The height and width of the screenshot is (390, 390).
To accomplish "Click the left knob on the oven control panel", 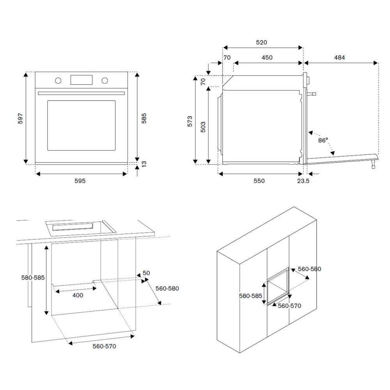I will coord(58,80).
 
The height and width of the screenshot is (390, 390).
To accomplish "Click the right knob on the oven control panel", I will coord(105,80).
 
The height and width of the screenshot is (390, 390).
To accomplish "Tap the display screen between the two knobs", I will coord(81,80).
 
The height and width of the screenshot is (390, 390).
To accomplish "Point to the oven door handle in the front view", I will coord(81,93).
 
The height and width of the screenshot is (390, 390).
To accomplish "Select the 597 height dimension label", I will coord(21,119).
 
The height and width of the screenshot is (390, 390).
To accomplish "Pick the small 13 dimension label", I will coord(144,164).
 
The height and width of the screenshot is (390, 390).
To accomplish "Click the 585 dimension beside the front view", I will coord(144,119).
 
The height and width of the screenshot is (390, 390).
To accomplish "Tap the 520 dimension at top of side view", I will coord(261,43).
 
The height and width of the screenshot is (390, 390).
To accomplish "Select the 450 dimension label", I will coord(267,58).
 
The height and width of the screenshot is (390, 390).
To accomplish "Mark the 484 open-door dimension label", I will coord(339,58).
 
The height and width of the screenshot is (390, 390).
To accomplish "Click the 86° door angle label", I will coord(323,140).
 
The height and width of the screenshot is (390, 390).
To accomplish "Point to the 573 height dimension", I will coord(189,121).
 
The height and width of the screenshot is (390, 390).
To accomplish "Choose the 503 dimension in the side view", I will coord(203,127).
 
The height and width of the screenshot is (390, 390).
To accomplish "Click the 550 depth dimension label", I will coord(259,181).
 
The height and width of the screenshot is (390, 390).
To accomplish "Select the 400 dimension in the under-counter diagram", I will coord(78,295).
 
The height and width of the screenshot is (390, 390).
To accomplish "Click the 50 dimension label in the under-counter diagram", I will coord(146,273).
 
